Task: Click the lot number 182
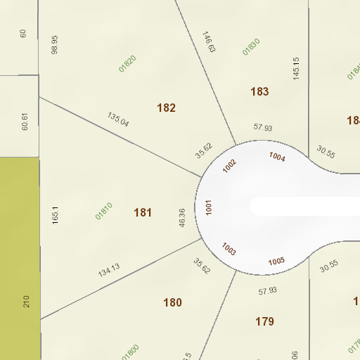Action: tap(167, 108)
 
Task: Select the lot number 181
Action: tap(143, 212)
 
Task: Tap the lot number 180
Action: tap(172, 303)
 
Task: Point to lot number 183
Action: tap(259, 91)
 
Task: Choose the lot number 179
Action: tap(264, 322)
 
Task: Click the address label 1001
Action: tap(209, 207)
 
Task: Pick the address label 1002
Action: tap(230, 166)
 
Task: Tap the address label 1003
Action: tap(229, 249)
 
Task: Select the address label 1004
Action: tap(277, 157)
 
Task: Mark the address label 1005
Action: tap(276, 262)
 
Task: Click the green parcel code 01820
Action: tap(127, 63)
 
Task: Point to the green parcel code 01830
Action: tap(251, 46)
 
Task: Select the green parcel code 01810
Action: tap(104, 211)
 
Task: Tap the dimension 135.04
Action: tap(118, 119)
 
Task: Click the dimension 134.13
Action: tap(109, 270)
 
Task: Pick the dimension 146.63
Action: tap(208, 42)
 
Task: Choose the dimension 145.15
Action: tap(296, 67)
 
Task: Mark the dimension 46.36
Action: tap(182, 217)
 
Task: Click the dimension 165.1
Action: tap(56, 214)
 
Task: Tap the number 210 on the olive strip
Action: tap(27, 302)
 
